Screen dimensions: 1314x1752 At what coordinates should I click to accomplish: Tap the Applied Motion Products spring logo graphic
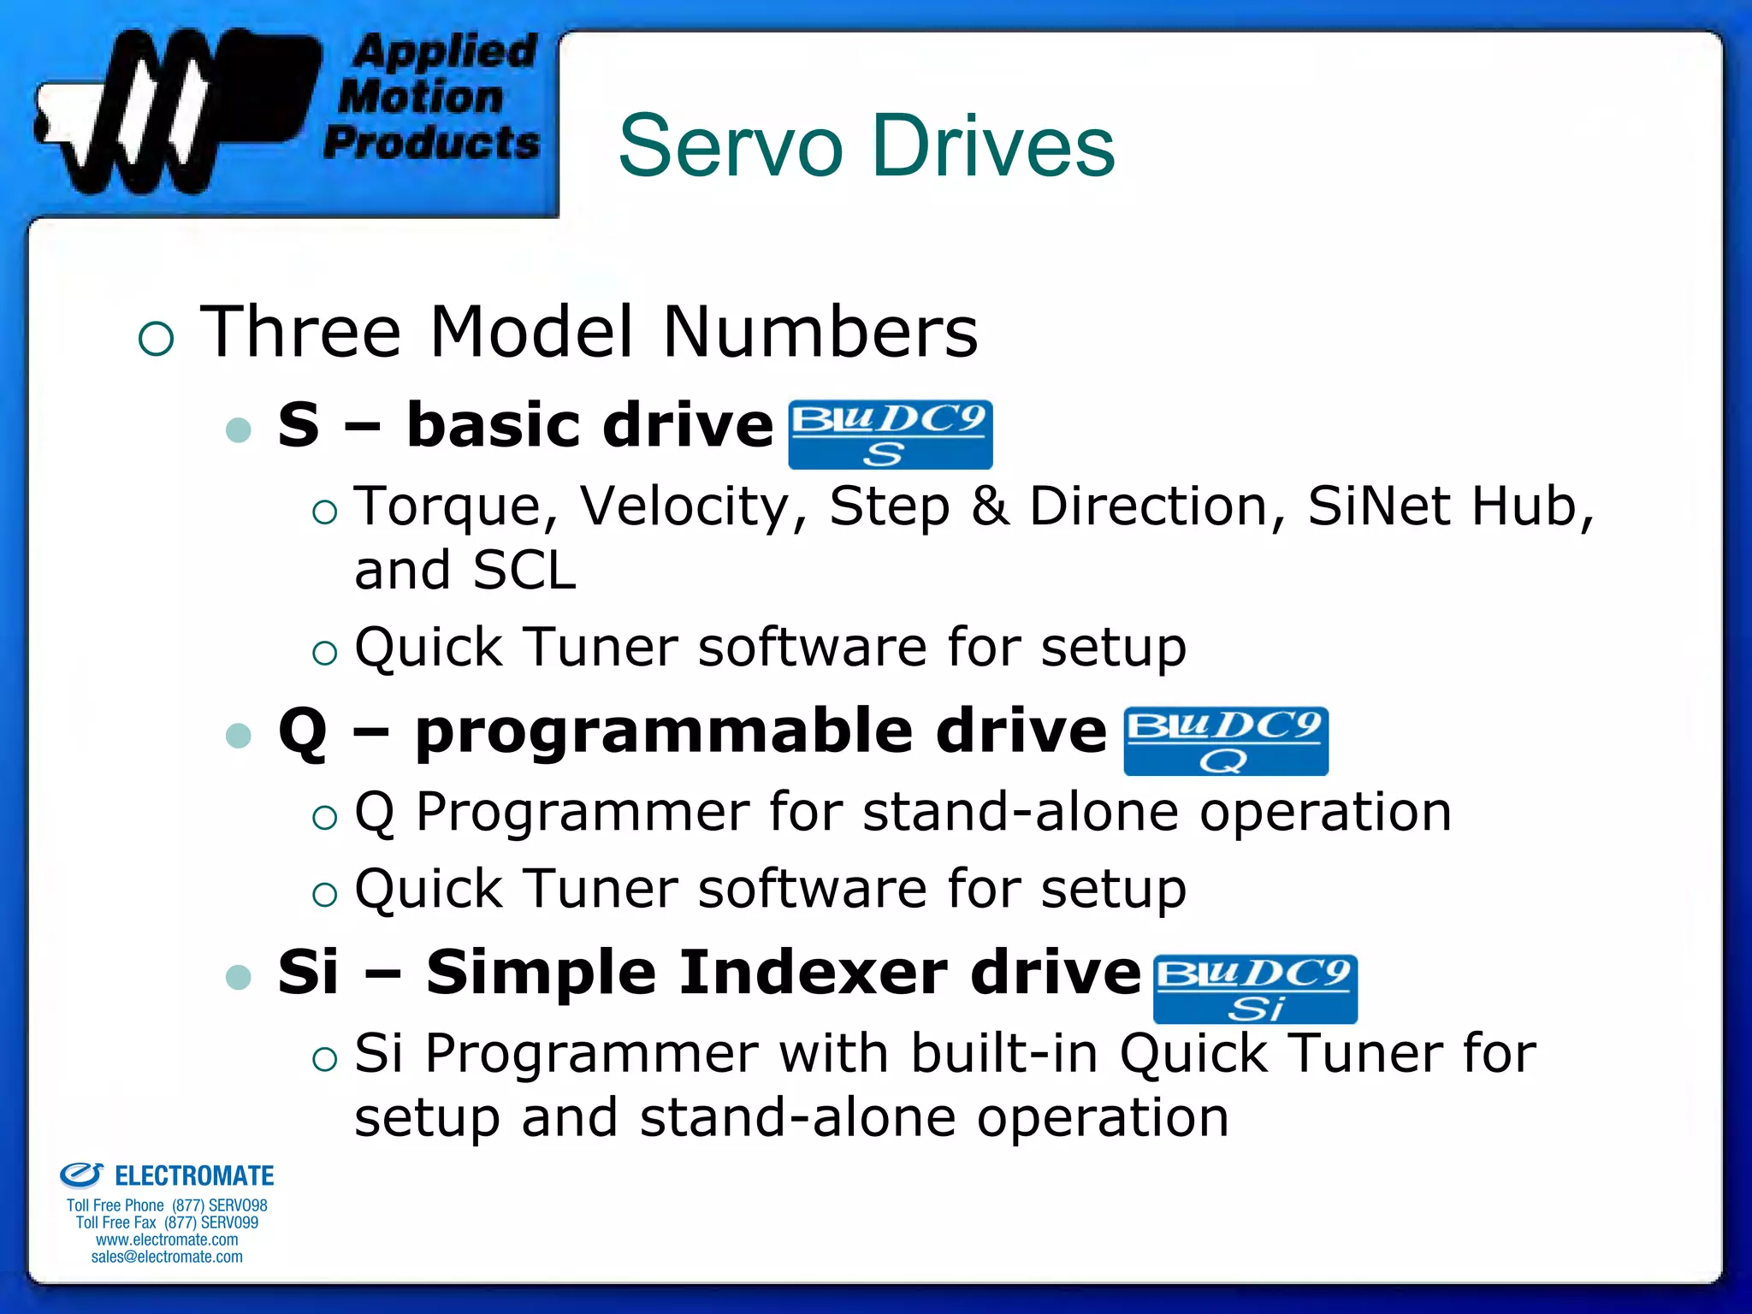(x=175, y=111)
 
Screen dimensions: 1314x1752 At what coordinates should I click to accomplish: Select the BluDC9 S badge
(x=890, y=435)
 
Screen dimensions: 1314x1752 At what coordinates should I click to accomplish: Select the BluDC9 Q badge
(x=1225, y=741)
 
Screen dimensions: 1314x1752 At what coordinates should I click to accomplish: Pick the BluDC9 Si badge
(x=1255, y=989)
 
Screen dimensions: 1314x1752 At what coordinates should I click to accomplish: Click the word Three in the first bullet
(x=300, y=332)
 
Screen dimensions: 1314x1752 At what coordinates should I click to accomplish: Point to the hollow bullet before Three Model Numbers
(x=156, y=339)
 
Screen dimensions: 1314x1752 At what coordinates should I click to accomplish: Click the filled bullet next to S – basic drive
(x=239, y=429)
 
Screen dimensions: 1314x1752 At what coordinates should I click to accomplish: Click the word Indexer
(x=814, y=974)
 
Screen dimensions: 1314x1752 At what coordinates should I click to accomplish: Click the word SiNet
(x=1378, y=506)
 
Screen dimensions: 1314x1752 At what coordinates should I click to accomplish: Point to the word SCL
(x=524, y=571)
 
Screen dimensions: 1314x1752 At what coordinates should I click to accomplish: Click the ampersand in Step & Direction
(x=989, y=506)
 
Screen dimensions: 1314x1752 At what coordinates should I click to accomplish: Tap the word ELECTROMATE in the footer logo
(x=194, y=1176)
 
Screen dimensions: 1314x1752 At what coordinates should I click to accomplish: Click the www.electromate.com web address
(x=167, y=1240)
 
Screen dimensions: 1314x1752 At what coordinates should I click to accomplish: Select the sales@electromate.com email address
(x=167, y=1257)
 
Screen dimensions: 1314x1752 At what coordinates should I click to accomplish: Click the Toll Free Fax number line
(x=167, y=1222)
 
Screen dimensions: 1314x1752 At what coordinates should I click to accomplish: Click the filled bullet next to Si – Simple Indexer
(x=239, y=976)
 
